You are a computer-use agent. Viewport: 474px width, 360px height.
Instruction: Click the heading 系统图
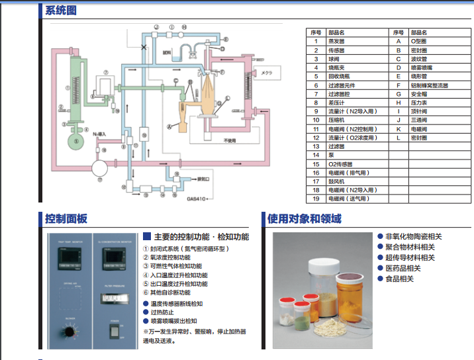click(x=62, y=10)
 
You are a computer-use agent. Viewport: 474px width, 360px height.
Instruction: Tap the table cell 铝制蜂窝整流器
click(x=429, y=85)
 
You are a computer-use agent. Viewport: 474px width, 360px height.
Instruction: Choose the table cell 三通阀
click(x=419, y=120)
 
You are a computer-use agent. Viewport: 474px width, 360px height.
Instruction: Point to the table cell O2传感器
click(x=342, y=163)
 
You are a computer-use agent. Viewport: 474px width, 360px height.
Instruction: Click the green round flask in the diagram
click(x=77, y=140)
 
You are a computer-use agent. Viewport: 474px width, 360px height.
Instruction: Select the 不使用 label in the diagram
click(x=230, y=140)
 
